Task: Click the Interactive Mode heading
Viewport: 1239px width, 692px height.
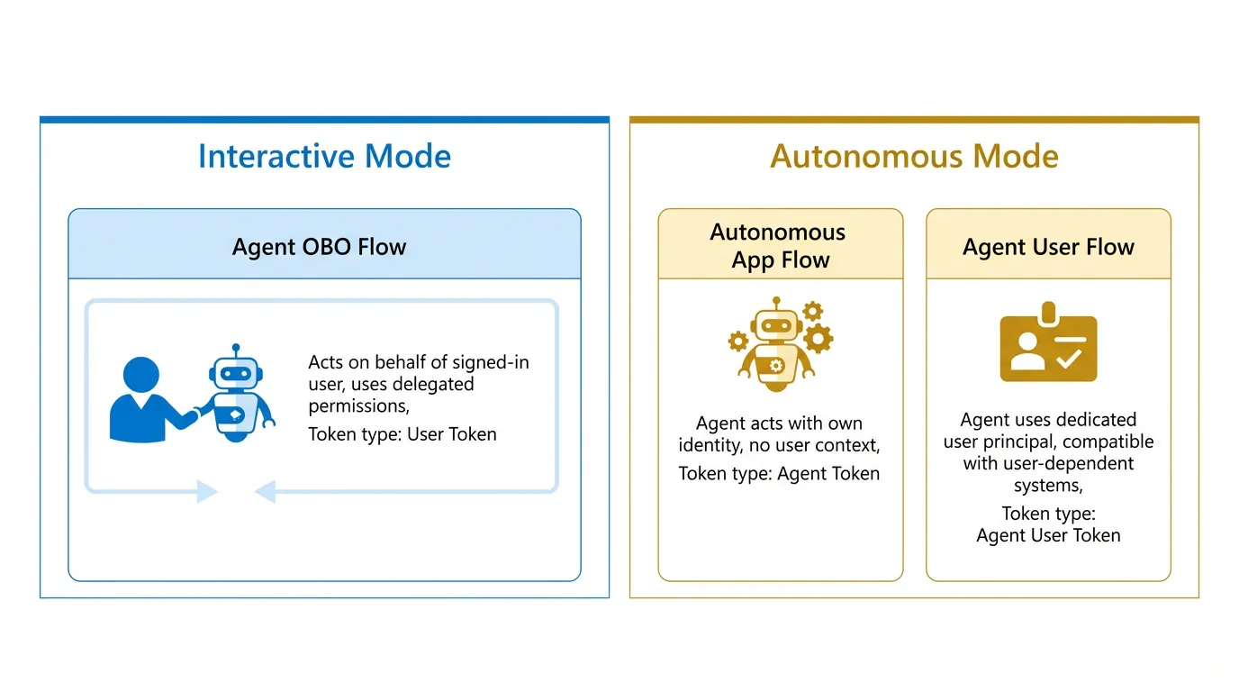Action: (x=324, y=157)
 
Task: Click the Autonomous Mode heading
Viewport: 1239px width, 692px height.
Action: (x=914, y=157)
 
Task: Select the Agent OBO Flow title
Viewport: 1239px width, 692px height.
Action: (x=320, y=247)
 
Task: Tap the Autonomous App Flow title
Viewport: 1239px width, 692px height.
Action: (x=780, y=246)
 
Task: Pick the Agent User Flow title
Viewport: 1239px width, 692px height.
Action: (x=1048, y=247)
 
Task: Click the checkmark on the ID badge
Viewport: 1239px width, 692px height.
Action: (x=1070, y=358)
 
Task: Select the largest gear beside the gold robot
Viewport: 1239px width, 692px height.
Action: (x=818, y=339)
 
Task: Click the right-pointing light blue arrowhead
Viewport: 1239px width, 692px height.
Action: (x=208, y=492)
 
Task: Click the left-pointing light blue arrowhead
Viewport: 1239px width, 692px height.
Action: (x=265, y=492)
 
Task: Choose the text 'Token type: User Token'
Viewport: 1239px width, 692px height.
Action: (x=402, y=434)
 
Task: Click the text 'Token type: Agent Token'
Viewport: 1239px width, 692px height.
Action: (x=779, y=474)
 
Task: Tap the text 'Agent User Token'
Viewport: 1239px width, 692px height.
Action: (x=1048, y=535)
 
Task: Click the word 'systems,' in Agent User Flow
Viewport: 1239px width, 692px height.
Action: (x=1048, y=486)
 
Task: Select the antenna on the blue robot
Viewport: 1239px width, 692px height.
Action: (x=236, y=349)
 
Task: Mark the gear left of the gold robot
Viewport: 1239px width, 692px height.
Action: (x=738, y=341)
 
